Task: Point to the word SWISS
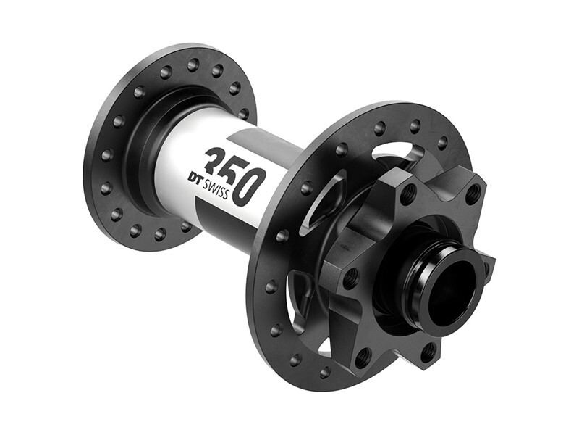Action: pos(220,192)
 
